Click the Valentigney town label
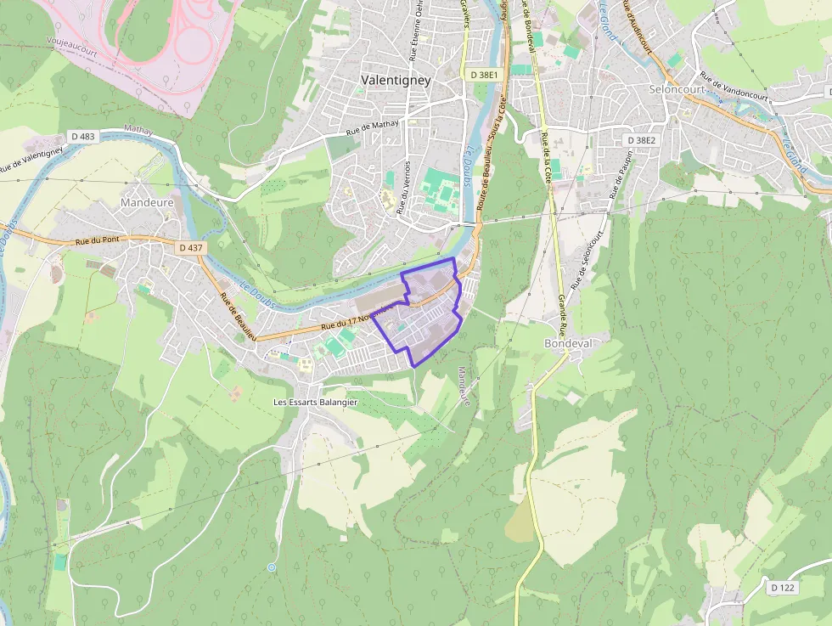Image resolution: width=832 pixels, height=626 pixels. pos(396,80)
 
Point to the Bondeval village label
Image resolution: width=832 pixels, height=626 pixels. pos(568,343)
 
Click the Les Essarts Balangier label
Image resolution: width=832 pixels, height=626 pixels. pos(315,402)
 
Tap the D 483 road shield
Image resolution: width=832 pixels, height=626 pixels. pos(84,137)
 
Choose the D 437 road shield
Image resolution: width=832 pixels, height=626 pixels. pos(191,247)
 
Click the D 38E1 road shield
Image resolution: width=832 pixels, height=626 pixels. pos(484,75)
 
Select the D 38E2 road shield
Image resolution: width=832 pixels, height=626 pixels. pos(641,139)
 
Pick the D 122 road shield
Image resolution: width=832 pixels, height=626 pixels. pos(783,588)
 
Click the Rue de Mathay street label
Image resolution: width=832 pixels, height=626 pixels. pos(379,127)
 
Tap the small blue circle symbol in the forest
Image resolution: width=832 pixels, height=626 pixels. pos(272,567)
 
